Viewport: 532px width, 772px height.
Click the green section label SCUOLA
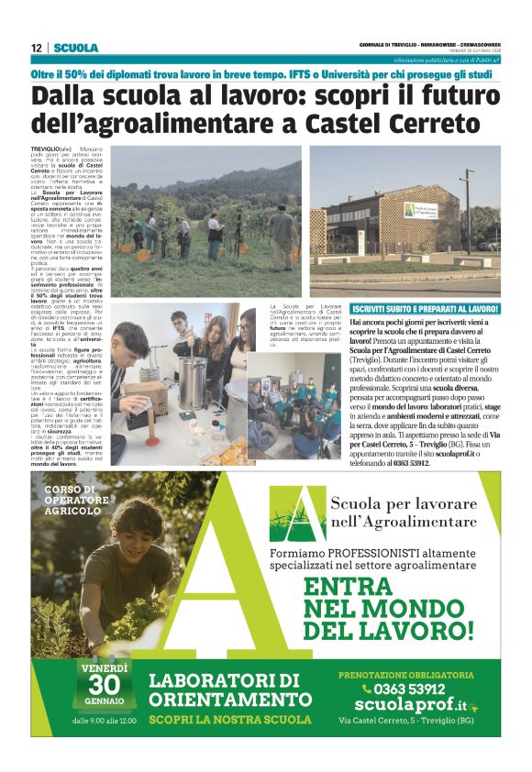coord(75,48)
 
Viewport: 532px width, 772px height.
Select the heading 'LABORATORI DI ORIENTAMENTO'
coord(225,689)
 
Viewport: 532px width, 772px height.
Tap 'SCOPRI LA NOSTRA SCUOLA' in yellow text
coord(226,720)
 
